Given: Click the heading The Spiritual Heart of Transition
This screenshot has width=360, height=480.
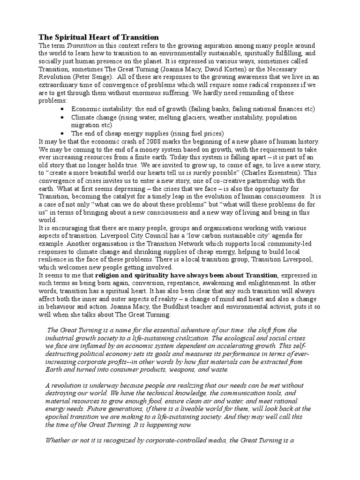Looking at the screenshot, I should [98, 37].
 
